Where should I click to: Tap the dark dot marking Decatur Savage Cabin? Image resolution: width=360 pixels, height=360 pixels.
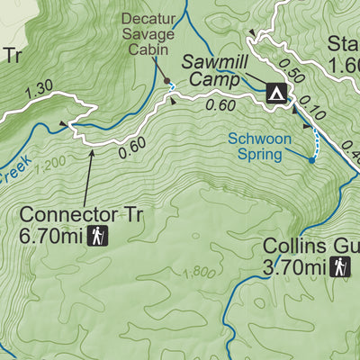click(x=166, y=81)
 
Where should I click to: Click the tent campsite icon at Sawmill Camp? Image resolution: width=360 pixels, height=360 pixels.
click(x=276, y=92)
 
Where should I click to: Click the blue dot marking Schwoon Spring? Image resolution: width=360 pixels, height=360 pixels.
click(x=311, y=159)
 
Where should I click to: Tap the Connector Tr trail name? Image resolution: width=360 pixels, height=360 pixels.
click(x=82, y=216)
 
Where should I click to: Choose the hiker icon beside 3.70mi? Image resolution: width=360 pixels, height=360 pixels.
click(x=341, y=267)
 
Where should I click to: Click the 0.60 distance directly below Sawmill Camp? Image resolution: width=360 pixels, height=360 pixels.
click(x=220, y=106)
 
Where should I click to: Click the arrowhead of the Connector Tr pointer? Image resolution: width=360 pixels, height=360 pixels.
click(x=92, y=151)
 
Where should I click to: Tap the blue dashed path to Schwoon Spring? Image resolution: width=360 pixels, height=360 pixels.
click(x=315, y=142)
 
